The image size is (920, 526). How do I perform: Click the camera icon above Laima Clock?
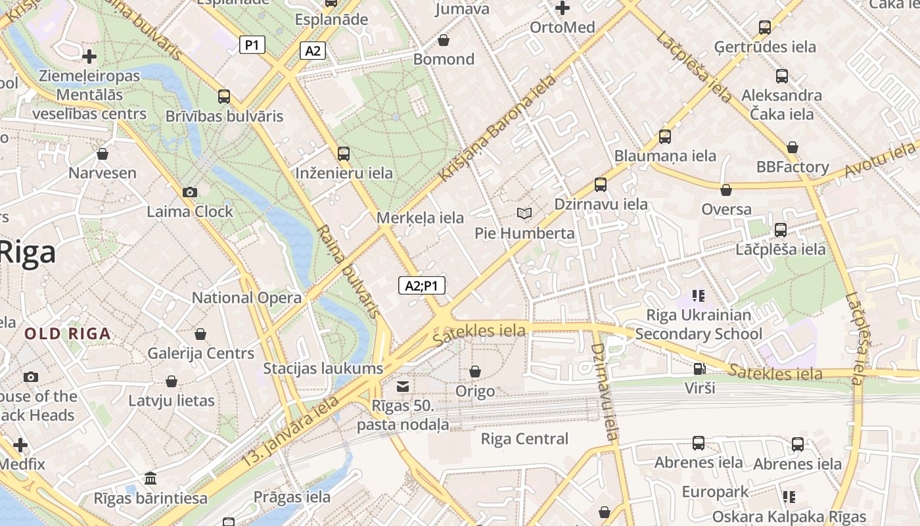[x=190, y=192]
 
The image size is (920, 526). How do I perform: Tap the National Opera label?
[x=246, y=298]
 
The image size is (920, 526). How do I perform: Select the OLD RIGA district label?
[x=68, y=334]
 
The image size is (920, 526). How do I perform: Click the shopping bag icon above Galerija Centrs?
[x=200, y=334]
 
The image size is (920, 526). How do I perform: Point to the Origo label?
[x=475, y=392]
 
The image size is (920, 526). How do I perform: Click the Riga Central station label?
[x=524, y=439]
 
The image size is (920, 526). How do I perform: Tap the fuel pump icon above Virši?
[x=700, y=368]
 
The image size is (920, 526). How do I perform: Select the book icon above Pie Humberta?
[x=524, y=213]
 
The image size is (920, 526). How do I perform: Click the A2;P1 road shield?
[x=422, y=286]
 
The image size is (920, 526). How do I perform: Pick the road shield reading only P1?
[x=252, y=45]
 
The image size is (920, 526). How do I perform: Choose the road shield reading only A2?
[x=313, y=51]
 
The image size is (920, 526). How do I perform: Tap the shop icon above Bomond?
[x=444, y=40]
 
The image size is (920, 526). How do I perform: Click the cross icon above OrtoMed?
[x=563, y=9]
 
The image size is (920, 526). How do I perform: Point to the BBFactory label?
[x=793, y=167]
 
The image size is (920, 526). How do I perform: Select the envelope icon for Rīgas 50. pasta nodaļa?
[x=403, y=386]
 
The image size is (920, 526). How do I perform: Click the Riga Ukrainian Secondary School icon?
[x=698, y=296]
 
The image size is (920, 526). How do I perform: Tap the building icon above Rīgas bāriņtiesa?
[x=150, y=478]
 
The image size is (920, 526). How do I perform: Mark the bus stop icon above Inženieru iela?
[x=344, y=154]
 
